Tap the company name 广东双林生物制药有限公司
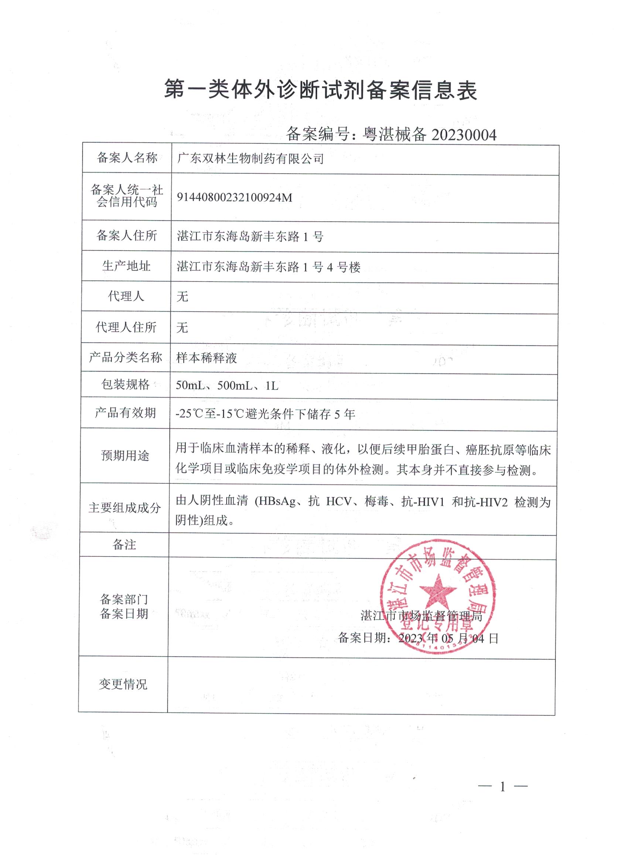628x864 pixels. point(250,159)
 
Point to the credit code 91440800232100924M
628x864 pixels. point(234,198)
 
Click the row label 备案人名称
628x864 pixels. point(127,158)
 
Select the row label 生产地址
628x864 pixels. point(126,266)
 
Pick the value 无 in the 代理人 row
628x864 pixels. point(182,296)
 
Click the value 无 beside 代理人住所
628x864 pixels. point(182,327)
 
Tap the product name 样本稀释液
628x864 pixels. point(207,358)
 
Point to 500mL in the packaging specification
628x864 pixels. point(234,386)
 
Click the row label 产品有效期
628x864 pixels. point(125,412)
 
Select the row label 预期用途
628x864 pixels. point(125,456)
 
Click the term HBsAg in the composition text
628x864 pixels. point(278,502)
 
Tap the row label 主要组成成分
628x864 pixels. point(124,508)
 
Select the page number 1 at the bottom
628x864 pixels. point(503,786)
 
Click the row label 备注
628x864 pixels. point(124,545)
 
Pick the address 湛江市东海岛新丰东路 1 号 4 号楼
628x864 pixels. point(269,268)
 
